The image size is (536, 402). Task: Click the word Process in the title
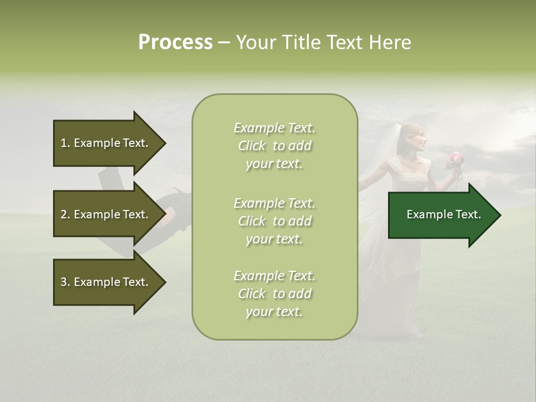coord(175,42)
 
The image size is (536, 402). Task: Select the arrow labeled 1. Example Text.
coord(106,143)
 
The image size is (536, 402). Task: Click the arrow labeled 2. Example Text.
coord(106,214)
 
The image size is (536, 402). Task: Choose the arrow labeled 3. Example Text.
coord(106,282)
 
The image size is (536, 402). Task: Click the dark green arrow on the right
coord(441,215)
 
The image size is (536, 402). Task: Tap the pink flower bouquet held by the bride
coord(455,160)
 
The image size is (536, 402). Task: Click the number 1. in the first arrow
coord(65,143)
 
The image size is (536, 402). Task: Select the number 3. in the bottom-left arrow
coord(65,282)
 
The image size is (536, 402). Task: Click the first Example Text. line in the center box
coord(274,128)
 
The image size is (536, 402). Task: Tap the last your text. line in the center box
coord(274,312)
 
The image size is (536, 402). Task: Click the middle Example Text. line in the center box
coord(274,203)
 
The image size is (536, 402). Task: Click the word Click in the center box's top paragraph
coord(252,146)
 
